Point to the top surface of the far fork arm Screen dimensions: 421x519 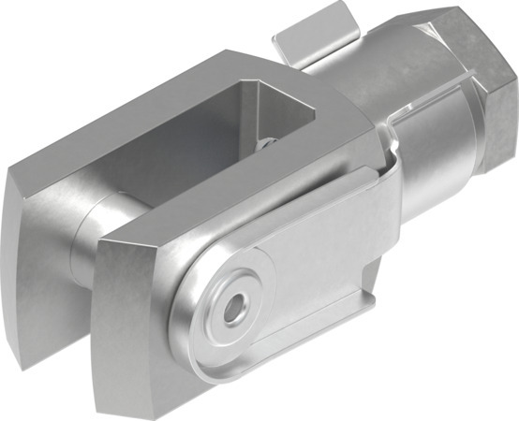pyautogui.click(x=141, y=112)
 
